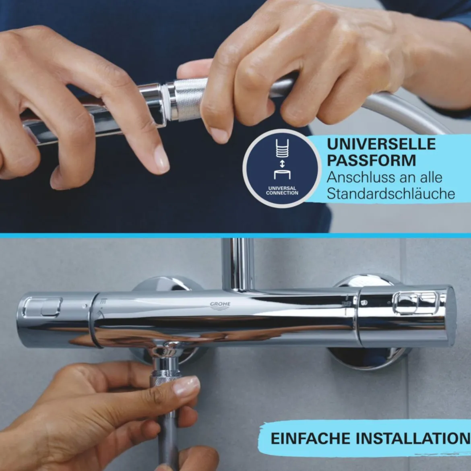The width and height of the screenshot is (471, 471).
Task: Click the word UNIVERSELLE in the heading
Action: [381, 144]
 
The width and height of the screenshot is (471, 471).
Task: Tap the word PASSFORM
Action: [371, 160]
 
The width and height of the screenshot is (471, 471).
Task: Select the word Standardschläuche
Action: [390, 193]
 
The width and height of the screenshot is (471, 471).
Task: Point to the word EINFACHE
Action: [311, 438]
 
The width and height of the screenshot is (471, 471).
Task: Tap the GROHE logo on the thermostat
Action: [220, 306]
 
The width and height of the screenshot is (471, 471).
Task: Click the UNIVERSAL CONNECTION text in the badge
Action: [282, 190]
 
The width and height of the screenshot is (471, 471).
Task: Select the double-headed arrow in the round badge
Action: [282, 164]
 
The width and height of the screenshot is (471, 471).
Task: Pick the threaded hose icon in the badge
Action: [282, 148]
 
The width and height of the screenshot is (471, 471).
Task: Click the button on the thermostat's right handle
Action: [415, 303]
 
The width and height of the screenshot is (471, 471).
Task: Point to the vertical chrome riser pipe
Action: [238, 264]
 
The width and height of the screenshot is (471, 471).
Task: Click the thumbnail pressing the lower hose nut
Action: [186, 385]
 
